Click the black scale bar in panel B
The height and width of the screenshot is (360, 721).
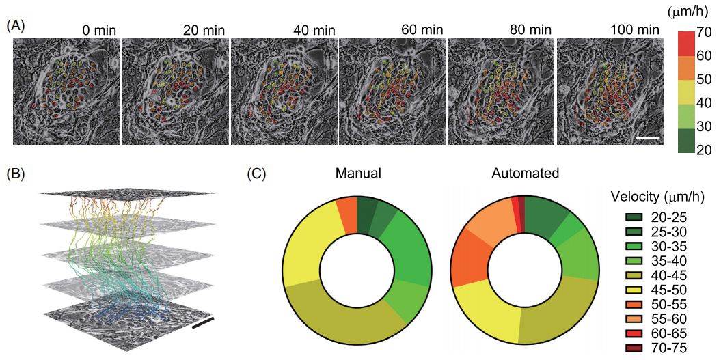pos(203,322)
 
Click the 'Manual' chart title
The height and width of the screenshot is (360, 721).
pos(357,174)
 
